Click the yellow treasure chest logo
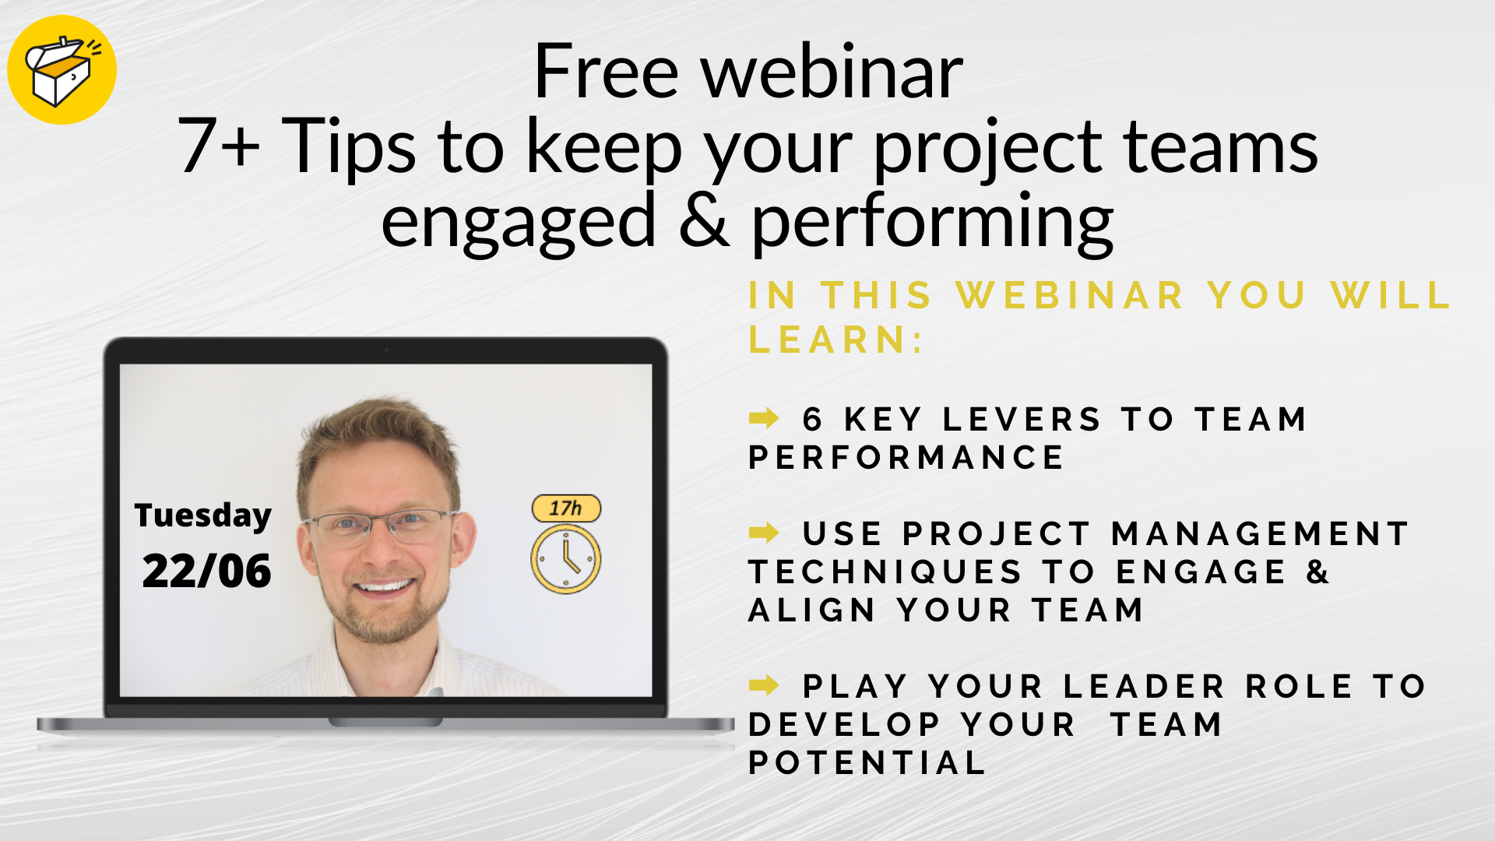tap(62, 70)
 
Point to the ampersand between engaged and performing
tap(703, 221)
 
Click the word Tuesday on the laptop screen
tap(202, 516)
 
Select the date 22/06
tap(206, 571)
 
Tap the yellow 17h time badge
tap(566, 508)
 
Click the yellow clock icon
tap(566, 559)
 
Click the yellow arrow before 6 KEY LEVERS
tap(764, 418)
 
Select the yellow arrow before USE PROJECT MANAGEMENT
tap(764, 533)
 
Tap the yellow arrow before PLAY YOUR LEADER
tap(764, 685)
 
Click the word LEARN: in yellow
tap(835, 340)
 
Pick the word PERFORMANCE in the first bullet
tap(906, 458)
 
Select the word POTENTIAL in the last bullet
tap(867, 763)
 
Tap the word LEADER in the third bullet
tap(1145, 687)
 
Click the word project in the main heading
tap(988, 148)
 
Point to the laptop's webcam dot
tap(385, 350)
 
